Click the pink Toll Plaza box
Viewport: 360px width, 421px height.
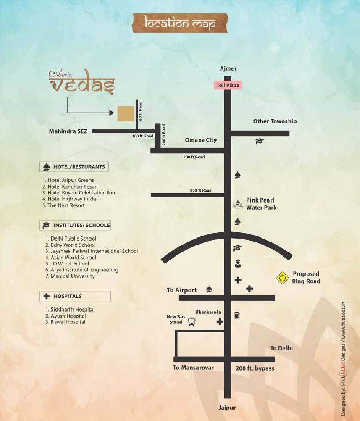228,86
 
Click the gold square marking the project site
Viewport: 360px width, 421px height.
124,113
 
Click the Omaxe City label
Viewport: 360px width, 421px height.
201,140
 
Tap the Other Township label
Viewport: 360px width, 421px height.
275,121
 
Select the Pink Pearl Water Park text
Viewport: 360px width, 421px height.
261,204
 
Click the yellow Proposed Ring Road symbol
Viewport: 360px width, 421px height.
282,278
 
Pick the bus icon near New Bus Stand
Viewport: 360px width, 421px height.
191,322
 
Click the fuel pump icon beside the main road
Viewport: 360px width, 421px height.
237,314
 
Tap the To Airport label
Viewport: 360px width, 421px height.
182,290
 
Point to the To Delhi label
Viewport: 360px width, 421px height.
281,348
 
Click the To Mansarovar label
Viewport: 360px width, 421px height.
193,368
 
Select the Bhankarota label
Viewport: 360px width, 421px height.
207,312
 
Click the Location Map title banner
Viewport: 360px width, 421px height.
179,23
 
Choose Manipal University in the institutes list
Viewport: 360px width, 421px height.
71,276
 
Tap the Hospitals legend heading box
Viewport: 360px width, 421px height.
75,296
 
